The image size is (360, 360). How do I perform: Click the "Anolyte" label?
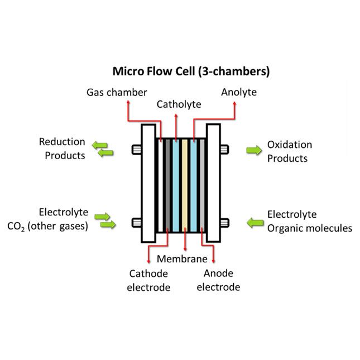click(x=238, y=91)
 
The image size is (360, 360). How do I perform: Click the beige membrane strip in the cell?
click(x=185, y=185)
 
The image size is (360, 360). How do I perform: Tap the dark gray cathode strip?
click(x=166, y=185)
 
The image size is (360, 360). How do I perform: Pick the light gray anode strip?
click(x=202, y=185)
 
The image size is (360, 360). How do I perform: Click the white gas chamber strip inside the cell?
click(x=159, y=185)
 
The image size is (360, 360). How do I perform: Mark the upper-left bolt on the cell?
click(x=136, y=150)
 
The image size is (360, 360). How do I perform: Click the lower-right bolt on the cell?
click(x=224, y=223)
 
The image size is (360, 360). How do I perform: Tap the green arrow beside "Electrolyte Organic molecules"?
click(x=255, y=223)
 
